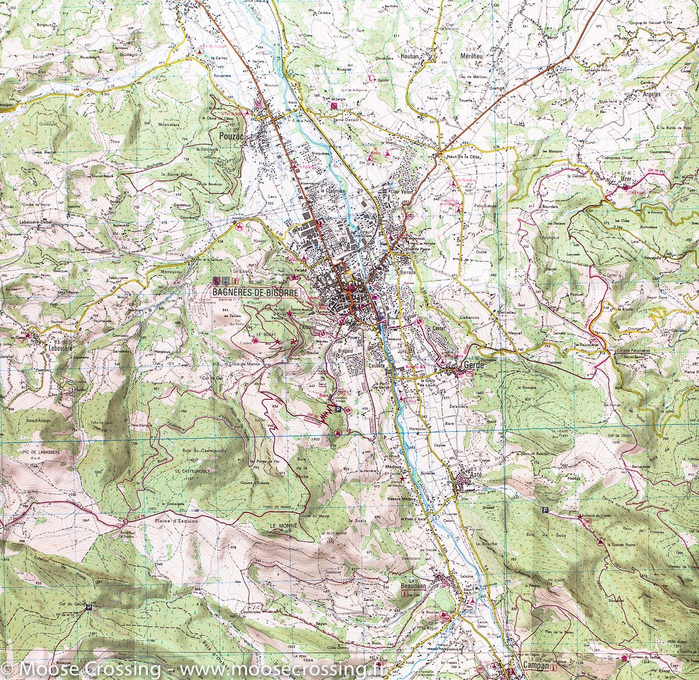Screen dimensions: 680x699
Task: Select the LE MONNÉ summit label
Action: coord(283,526)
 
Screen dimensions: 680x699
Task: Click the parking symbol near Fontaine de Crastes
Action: coord(545,510)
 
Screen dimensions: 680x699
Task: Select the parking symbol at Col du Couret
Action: coord(89,607)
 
